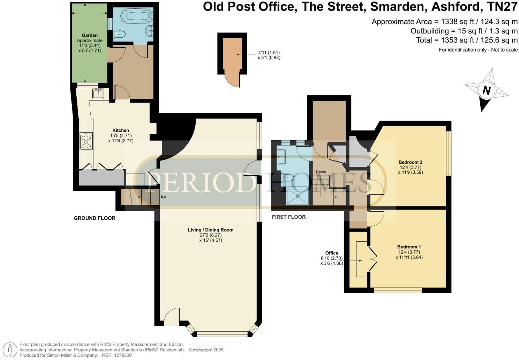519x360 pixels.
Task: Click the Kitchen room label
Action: click(x=121, y=130)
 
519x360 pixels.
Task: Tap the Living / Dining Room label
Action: click(x=211, y=230)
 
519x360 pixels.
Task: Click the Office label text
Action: click(x=331, y=253)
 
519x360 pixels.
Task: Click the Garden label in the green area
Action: click(x=90, y=35)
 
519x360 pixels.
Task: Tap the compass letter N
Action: click(x=486, y=90)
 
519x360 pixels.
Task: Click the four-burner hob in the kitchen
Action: click(x=86, y=141)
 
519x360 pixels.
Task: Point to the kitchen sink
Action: click(x=98, y=93)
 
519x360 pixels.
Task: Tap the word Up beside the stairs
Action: click(x=163, y=196)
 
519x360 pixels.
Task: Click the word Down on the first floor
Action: click(x=321, y=172)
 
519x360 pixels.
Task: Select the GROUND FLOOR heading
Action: click(x=95, y=218)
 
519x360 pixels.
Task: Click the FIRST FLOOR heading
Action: click(x=289, y=217)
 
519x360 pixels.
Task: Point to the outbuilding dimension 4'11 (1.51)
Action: click(x=269, y=53)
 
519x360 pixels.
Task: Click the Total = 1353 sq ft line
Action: click(x=467, y=40)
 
